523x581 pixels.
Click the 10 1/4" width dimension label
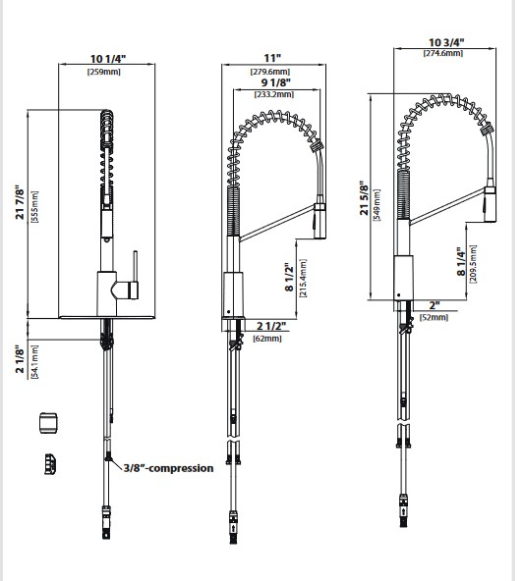coord(108,59)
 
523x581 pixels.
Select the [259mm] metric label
coord(104,72)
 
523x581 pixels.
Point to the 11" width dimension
coord(272,58)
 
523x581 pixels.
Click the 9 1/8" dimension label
coord(276,81)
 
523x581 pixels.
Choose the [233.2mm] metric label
coord(274,94)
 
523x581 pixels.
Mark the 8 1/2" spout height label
coord(289,277)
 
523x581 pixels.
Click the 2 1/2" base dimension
coord(271,326)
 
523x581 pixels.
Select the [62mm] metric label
coord(267,339)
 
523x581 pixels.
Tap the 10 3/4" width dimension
coord(446,42)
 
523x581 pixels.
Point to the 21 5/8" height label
coord(365,198)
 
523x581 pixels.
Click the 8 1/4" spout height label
coord(461,262)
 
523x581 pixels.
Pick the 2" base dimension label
coord(435,305)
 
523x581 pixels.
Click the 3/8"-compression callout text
coord(168,468)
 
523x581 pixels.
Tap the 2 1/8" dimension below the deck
coord(20,359)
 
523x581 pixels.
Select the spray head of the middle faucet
coord(320,221)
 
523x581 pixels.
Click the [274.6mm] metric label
coord(443,53)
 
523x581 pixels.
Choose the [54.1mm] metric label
coord(34,361)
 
